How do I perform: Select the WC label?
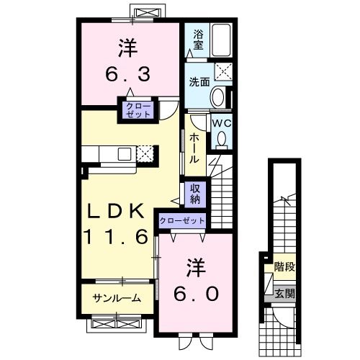(220, 122)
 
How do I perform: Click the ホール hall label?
(195, 148)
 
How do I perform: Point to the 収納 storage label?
(196, 192)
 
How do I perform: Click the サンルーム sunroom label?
(117, 298)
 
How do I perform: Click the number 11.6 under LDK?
(119, 235)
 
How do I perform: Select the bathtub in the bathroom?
(220, 41)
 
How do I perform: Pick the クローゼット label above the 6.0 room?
(182, 220)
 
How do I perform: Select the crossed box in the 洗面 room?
(223, 72)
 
